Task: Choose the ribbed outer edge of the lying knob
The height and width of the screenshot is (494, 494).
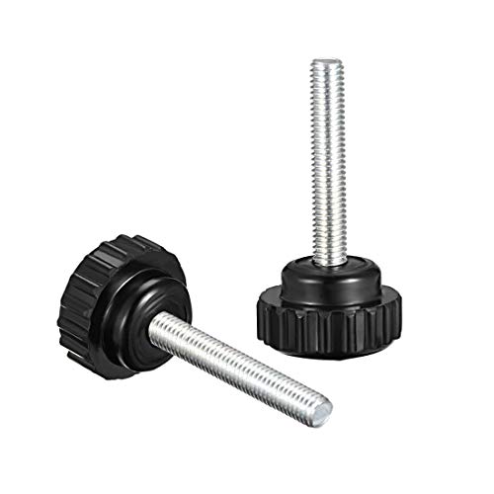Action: (79, 296)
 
